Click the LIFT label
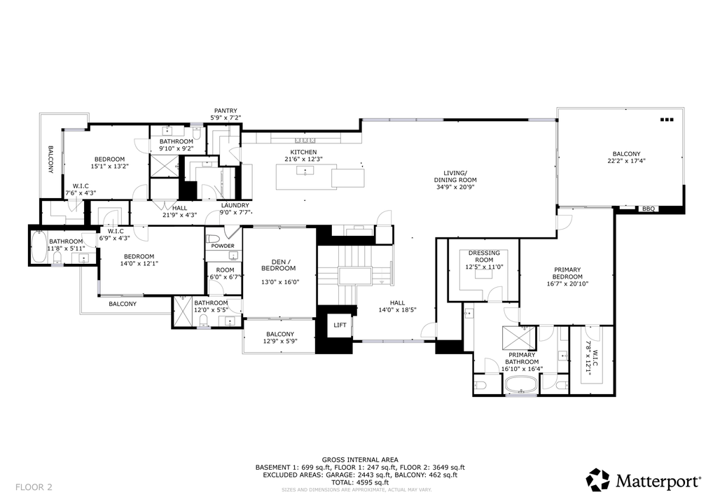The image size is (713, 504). click(340, 325)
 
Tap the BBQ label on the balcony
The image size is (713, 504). click(649, 209)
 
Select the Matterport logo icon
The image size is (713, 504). click(597, 480)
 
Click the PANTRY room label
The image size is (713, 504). click(226, 111)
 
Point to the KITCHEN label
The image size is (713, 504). click(303, 152)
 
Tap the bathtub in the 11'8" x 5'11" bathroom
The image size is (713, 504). click(39, 247)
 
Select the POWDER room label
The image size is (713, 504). click(223, 246)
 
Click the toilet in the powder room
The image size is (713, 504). click(213, 239)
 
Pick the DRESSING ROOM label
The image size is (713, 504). click(484, 256)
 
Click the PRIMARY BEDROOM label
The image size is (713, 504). click(567, 273)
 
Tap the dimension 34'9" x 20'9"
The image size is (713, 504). click(455, 186)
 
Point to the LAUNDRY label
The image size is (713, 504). click(235, 205)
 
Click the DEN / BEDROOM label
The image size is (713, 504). click(278, 265)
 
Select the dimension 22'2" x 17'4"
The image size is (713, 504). click(626, 160)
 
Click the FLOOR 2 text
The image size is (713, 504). click(34, 487)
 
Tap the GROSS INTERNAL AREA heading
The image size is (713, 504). click(360, 460)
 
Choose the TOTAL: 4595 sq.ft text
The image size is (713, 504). click(360, 482)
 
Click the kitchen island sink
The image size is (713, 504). click(305, 170)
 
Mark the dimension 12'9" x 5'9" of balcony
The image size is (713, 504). click(280, 341)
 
